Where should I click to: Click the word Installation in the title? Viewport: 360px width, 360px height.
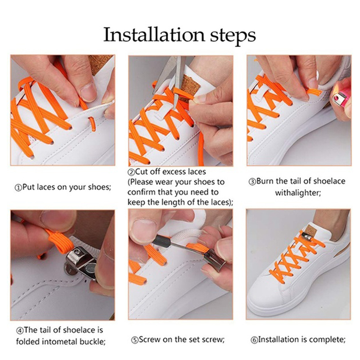[x=154, y=35]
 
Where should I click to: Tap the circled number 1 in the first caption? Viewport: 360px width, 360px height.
[x=18, y=188]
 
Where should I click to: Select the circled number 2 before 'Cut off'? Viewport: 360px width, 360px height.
[x=131, y=172]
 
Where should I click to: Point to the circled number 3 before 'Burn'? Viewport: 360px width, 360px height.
[x=252, y=182]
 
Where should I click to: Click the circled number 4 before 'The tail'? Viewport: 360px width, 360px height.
[x=20, y=331]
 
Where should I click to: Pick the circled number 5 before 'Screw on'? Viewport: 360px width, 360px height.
[x=135, y=340]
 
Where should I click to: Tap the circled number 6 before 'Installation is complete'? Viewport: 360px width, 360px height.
[x=254, y=340]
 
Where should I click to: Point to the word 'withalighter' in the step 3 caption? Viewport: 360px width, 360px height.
[x=298, y=193]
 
